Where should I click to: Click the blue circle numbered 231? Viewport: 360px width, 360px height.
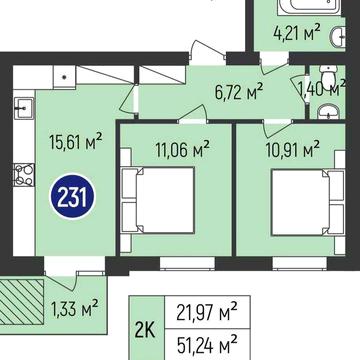point(71,194)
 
